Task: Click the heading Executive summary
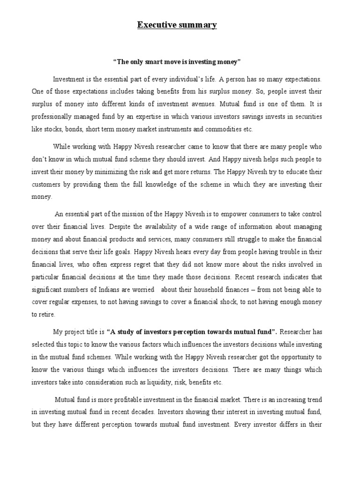tap(177, 25)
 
